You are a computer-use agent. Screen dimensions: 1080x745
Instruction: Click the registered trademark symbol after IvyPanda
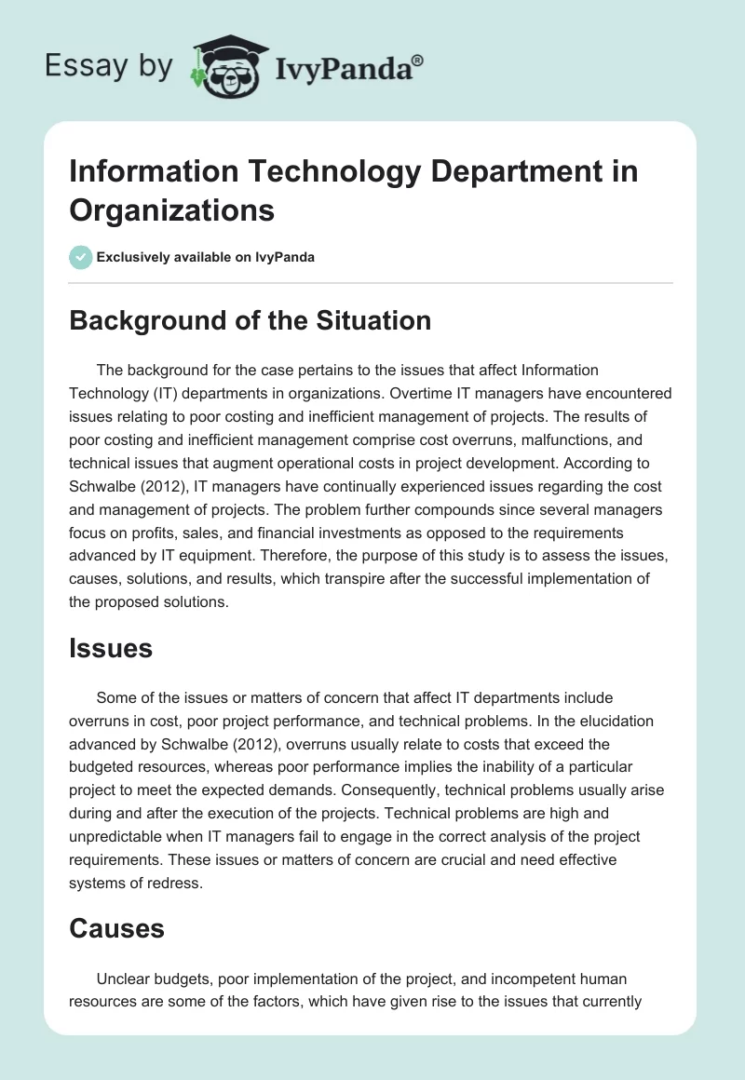point(418,61)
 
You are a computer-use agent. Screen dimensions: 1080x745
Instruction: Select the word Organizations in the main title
point(171,209)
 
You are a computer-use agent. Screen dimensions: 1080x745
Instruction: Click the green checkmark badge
point(81,258)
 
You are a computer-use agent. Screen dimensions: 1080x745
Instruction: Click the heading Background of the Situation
point(250,320)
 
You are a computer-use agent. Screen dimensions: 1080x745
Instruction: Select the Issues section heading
point(111,649)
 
